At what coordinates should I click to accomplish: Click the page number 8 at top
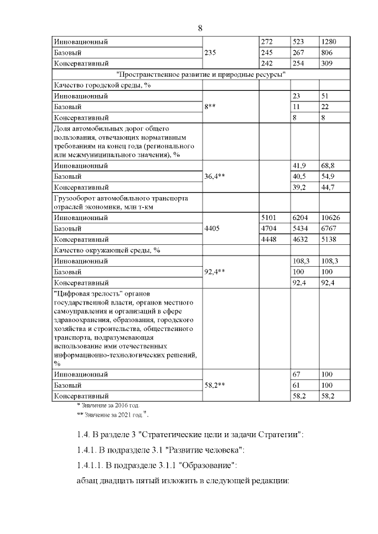[200, 28]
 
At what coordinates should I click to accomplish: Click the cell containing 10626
[329, 218]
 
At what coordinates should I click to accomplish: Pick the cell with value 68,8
[327, 166]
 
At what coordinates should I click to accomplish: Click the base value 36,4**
[217, 176]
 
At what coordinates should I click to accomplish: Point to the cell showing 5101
[269, 218]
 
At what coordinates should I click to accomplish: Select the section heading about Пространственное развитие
[201, 74]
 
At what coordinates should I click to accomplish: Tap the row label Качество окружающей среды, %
[107, 250]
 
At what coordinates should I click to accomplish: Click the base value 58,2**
[217, 385]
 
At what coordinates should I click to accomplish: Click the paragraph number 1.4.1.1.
[91, 466]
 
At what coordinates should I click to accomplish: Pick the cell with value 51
[324, 96]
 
